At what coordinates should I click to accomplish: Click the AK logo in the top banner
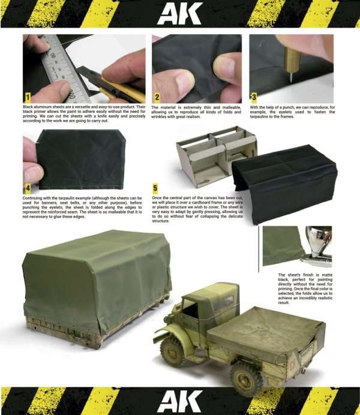pyautogui.click(x=180, y=13)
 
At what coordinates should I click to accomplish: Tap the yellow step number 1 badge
pyautogui.click(x=28, y=97)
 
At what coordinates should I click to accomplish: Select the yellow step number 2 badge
pyautogui.click(x=157, y=97)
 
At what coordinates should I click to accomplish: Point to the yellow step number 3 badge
pyautogui.click(x=254, y=97)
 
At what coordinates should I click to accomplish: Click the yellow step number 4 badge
pyautogui.click(x=28, y=188)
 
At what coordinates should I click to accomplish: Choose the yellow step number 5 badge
pyautogui.click(x=155, y=188)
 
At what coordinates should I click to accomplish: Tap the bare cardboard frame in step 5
pyautogui.click(x=212, y=156)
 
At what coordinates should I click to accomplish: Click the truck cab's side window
pyautogui.click(x=224, y=302)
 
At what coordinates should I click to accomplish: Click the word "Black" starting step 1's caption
pyautogui.click(x=28, y=107)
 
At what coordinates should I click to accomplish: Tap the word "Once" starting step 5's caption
pyautogui.click(x=157, y=198)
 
